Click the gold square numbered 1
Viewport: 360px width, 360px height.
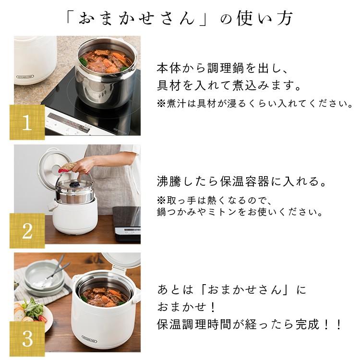click(27, 122)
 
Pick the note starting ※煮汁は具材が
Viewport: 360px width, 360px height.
click(254, 104)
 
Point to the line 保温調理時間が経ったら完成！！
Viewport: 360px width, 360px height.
click(250, 325)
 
